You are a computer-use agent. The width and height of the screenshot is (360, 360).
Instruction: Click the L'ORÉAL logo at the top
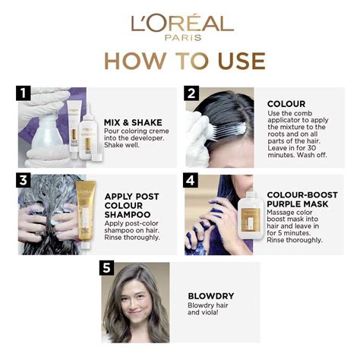point(182,24)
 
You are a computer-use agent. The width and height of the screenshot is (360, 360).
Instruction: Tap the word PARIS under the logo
point(183,37)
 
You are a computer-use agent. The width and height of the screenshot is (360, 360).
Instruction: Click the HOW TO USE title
point(185,61)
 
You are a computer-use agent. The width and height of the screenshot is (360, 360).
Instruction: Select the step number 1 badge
point(23,93)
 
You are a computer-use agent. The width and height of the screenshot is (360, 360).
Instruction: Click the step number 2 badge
point(191,93)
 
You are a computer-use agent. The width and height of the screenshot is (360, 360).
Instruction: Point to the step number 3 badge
point(23,180)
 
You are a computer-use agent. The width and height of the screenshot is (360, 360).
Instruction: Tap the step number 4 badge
point(191,180)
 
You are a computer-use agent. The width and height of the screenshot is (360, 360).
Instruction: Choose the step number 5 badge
point(106,267)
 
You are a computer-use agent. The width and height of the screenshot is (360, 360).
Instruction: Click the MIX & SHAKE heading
point(133,122)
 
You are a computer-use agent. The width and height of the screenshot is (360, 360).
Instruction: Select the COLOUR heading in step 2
point(286,104)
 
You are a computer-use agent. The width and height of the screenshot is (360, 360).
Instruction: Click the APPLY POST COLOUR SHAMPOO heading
point(131,205)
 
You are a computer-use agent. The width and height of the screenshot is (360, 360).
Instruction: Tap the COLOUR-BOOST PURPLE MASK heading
point(302,200)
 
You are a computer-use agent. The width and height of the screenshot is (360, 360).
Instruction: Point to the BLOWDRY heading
point(211,296)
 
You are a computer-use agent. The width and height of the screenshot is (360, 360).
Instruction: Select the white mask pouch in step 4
point(251,216)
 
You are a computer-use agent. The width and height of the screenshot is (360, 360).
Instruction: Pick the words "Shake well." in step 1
point(122,145)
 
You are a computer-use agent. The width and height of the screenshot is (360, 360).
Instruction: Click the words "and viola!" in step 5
point(203,312)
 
